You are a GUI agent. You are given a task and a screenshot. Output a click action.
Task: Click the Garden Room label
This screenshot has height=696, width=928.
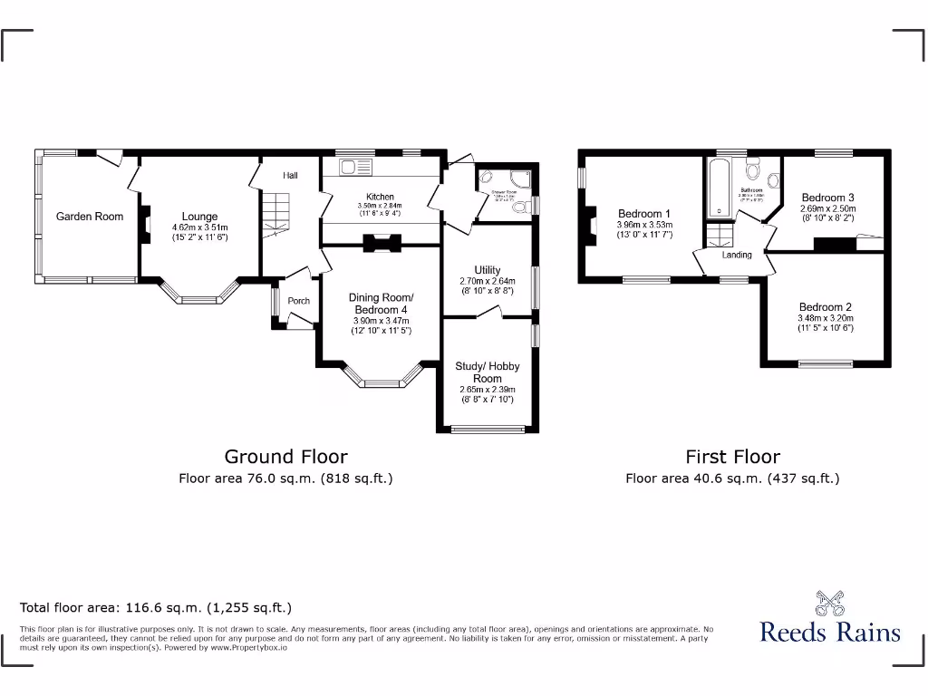click(x=90, y=217)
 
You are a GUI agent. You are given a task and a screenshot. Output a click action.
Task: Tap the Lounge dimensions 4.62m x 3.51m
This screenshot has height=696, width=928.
click(x=199, y=227)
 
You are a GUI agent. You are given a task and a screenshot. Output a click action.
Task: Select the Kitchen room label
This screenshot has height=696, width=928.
click(x=380, y=197)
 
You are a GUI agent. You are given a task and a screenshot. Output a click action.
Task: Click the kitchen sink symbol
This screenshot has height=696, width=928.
click(x=350, y=168)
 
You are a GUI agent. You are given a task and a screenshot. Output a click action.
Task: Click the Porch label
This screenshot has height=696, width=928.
click(x=298, y=301)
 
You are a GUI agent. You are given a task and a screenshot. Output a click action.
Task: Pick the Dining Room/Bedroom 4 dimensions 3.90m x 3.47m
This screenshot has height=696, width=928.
click(x=381, y=321)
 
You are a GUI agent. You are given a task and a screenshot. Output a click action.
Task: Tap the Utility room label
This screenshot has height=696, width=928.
click(x=488, y=270)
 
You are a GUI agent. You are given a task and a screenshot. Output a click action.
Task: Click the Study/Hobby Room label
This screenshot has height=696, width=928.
click(x=488, y=372)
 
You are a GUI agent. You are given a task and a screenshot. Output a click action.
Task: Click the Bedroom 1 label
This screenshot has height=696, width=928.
click(x=644, y=214)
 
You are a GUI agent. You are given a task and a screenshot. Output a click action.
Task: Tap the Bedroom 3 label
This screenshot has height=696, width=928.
click(x=827, y=198)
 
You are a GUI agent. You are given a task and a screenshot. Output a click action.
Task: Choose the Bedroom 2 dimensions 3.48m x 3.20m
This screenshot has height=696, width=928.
click(x=825, y=318)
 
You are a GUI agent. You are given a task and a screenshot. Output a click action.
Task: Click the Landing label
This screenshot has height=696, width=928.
click(x=737, y=255)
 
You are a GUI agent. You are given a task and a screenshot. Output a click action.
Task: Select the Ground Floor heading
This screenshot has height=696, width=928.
click(x=285, y=457)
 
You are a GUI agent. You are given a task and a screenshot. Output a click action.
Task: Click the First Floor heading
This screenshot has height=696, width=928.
click(x=732, y=457)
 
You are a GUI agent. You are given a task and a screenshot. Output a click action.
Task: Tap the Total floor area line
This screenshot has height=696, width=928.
click(x=156, y=608)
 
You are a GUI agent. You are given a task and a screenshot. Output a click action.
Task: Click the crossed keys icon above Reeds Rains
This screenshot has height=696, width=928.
click(x=830, y=603)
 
